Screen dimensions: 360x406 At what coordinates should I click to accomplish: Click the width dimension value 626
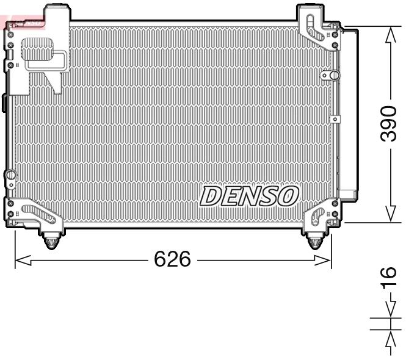click(172, 260)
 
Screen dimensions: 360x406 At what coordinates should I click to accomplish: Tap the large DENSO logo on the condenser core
click(250, 196)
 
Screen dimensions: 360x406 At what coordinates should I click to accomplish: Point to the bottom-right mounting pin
click(314, 242)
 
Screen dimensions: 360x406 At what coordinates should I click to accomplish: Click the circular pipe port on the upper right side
click(334, 75)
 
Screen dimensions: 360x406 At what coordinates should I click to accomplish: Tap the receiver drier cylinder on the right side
click(349, 113)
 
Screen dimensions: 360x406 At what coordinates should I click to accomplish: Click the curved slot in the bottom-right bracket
click(318, 214)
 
